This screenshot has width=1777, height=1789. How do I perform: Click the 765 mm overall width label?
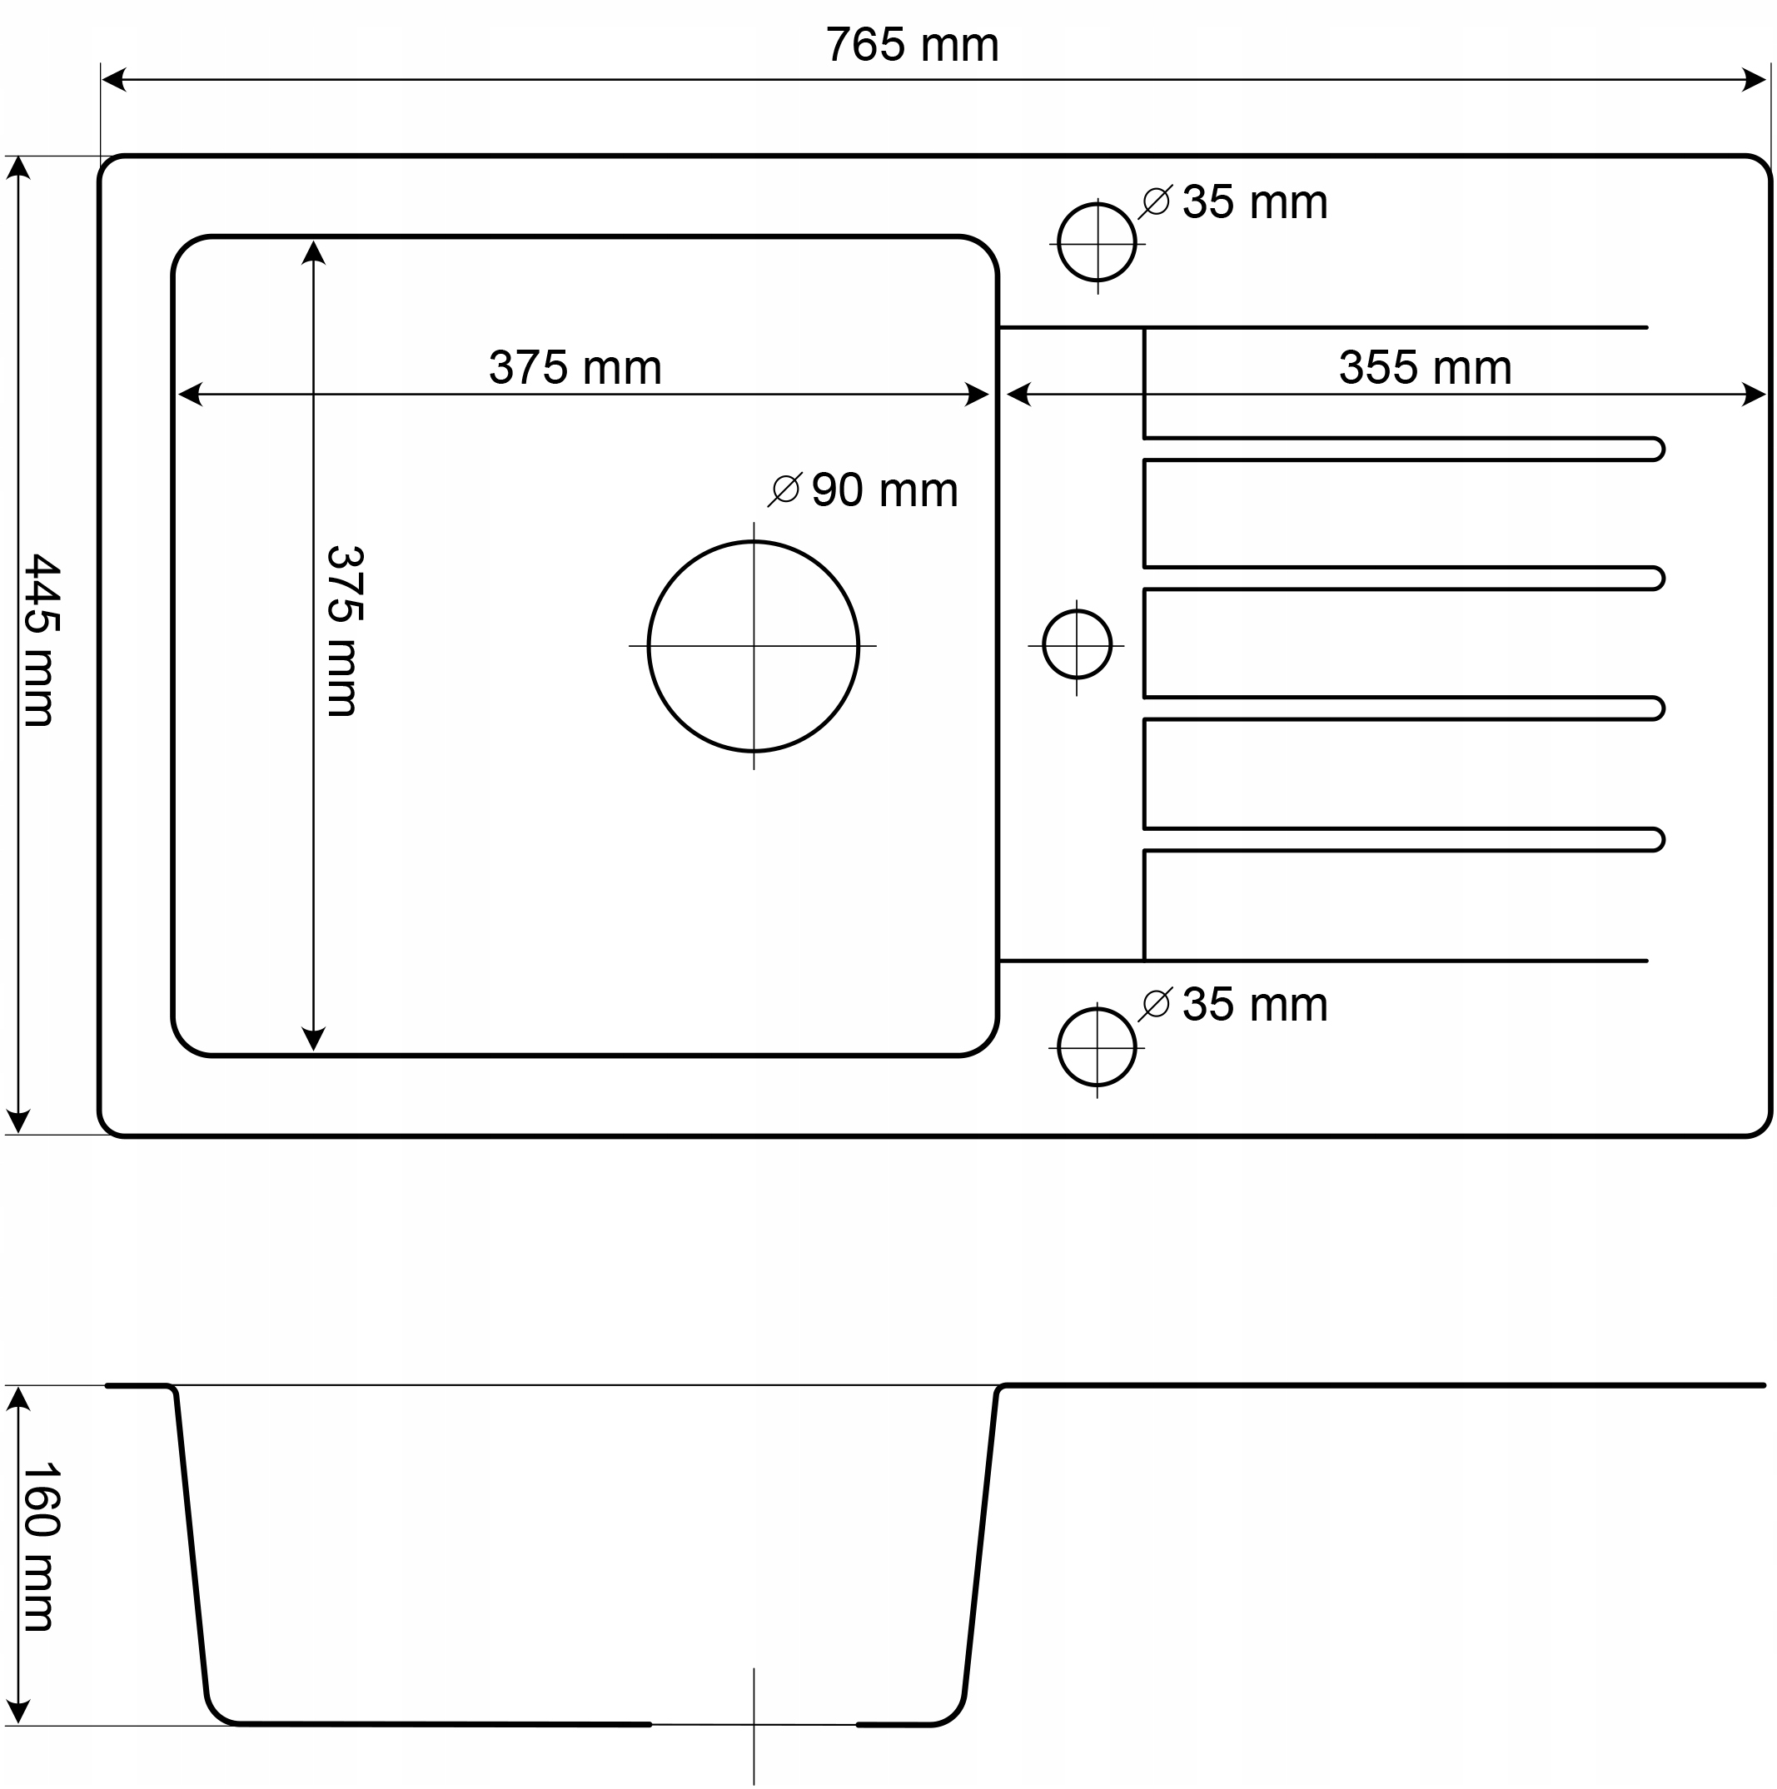tap(912, 46)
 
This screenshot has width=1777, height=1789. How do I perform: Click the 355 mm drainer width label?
tap(1424, 368)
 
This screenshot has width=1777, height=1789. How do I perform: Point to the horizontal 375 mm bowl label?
tap(575, 368)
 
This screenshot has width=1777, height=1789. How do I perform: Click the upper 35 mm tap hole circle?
tap(1098, 242)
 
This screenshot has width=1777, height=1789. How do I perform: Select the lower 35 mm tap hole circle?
tap(1097, 1046)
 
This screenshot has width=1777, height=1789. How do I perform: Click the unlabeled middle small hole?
tap(1076, 644)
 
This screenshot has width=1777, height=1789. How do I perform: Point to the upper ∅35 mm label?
tap(1233, 201)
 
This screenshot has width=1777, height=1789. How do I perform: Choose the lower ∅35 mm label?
tap(1233, 1005)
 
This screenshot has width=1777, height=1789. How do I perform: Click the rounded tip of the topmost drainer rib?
tap(1655, 449)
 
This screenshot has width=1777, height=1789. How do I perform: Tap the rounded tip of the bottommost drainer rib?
tap(1655, 840)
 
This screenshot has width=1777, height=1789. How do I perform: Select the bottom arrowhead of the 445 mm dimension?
tap(18, 1121)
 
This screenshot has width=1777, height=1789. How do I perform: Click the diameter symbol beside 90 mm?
tap(785, 489)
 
